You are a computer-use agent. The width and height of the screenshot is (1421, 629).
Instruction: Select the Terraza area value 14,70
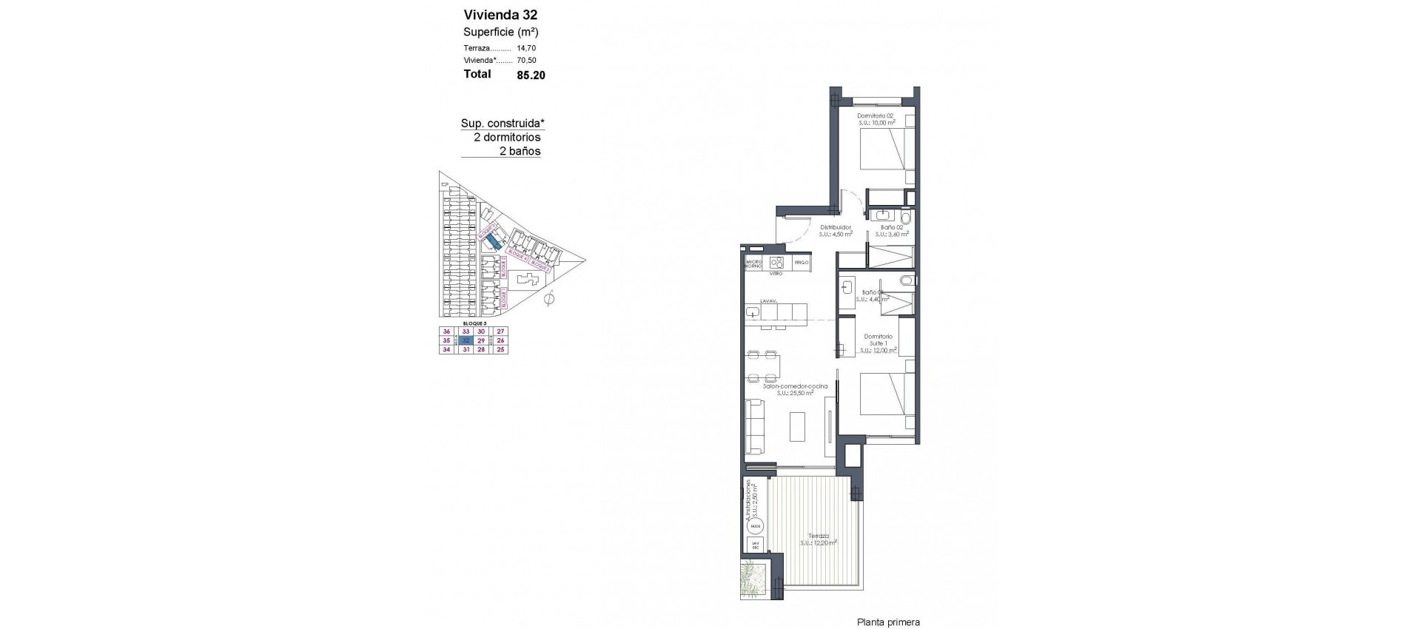tap(526, 48)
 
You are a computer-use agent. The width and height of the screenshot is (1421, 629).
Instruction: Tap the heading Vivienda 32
tap(500, 15)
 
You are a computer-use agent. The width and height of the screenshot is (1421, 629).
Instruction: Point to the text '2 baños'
tap(520, 151)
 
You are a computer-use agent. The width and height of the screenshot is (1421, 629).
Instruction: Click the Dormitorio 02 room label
tap(876, 116)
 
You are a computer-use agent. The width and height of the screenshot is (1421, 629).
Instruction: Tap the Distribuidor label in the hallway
tap(836, 227)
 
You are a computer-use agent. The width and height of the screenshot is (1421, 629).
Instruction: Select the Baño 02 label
tap(891, 227)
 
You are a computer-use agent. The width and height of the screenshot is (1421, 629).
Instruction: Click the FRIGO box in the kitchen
tap(802, 263)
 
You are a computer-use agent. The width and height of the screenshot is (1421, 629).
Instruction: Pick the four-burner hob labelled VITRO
tap(776, 263)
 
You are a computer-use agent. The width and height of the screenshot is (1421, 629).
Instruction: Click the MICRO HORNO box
tap(754, 263)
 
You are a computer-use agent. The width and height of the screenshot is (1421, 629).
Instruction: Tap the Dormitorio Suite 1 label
tap(879, 340)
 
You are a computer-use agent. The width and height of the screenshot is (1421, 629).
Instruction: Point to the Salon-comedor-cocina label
tap(796, 386)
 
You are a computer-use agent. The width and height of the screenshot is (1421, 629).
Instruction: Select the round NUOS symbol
tap(756, 527)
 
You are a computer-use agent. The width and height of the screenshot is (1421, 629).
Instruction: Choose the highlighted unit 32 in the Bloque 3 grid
tap(466, 341)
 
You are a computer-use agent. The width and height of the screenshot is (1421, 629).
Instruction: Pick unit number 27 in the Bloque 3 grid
tap(501, 332)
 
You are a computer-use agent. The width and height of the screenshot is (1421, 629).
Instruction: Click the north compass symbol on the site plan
tap(548, 300)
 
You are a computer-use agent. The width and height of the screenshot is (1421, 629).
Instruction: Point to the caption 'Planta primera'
tap(888, 622)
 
